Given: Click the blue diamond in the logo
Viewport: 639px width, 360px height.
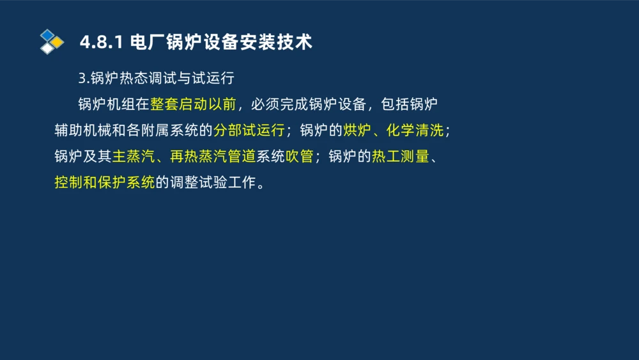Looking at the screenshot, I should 47,35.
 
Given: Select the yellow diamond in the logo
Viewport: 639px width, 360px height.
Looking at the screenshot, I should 58,42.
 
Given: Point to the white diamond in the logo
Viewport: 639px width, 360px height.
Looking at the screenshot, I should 47,49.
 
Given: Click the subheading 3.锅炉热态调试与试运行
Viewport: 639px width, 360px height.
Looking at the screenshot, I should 157,79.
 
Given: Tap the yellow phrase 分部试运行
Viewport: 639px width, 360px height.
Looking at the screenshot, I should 249,130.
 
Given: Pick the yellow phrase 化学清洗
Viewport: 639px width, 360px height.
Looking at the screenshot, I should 415,130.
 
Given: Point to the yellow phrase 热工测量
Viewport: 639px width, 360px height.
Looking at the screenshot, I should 400,157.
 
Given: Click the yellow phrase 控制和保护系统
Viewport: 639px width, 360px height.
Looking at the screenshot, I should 105,183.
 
